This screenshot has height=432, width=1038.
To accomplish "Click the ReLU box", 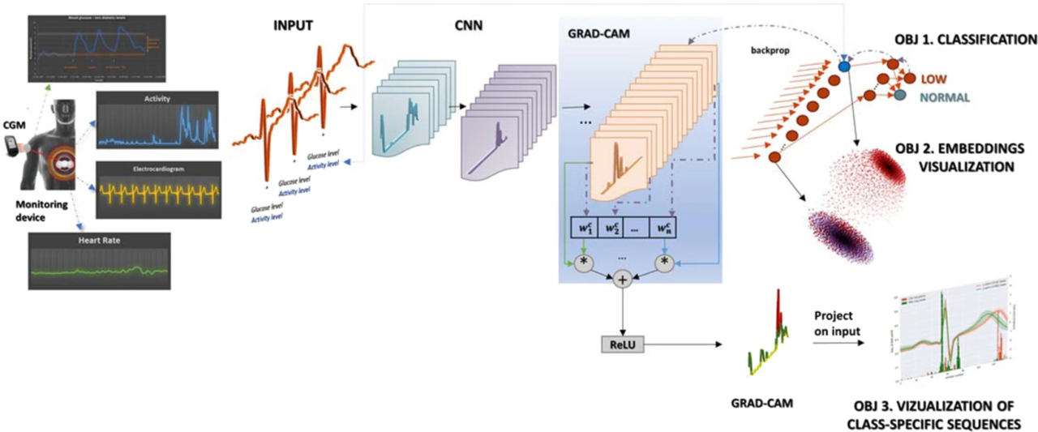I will pos(622,344).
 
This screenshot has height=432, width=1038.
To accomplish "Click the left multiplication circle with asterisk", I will pos(581,265).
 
